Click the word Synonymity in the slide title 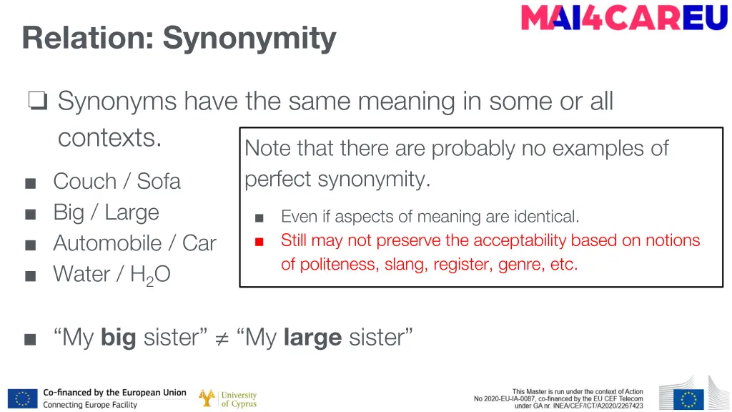249,38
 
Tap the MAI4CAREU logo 624,17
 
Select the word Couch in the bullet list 84,181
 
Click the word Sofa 159,181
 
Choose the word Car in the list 199,243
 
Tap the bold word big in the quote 118,337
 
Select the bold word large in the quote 312,337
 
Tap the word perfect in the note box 278,179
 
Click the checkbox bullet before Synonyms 38,102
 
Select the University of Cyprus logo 227,398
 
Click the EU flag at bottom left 23,398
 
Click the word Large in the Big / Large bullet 132,212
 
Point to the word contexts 109,137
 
